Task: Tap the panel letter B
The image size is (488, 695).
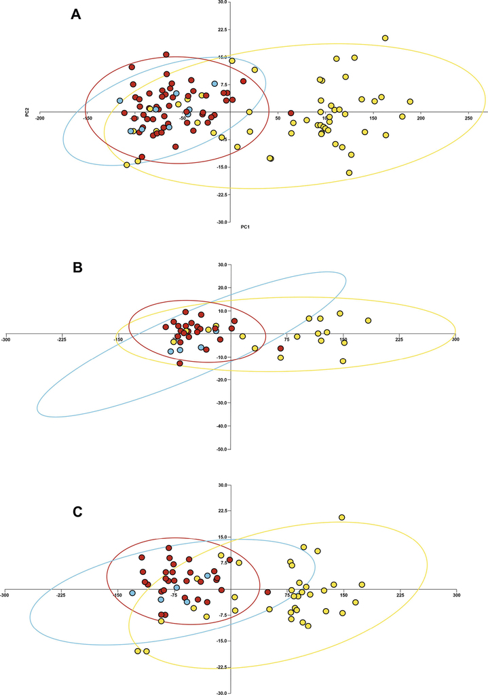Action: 78,267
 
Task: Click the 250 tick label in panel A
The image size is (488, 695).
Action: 468,117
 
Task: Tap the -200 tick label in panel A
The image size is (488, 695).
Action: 40,117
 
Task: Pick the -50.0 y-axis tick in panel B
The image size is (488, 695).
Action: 219,449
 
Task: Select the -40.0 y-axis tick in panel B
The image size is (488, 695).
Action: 219,426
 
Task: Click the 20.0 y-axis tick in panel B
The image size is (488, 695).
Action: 219,288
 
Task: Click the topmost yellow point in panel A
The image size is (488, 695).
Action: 385,38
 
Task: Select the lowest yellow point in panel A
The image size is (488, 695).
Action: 349,173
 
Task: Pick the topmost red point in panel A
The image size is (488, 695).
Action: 166,54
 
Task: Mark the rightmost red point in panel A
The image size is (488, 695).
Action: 290,113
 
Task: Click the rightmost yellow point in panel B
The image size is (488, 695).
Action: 368,320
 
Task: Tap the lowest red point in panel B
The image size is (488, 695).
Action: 180,363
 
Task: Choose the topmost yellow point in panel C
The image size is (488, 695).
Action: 341,517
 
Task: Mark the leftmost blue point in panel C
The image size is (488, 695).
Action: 132,593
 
